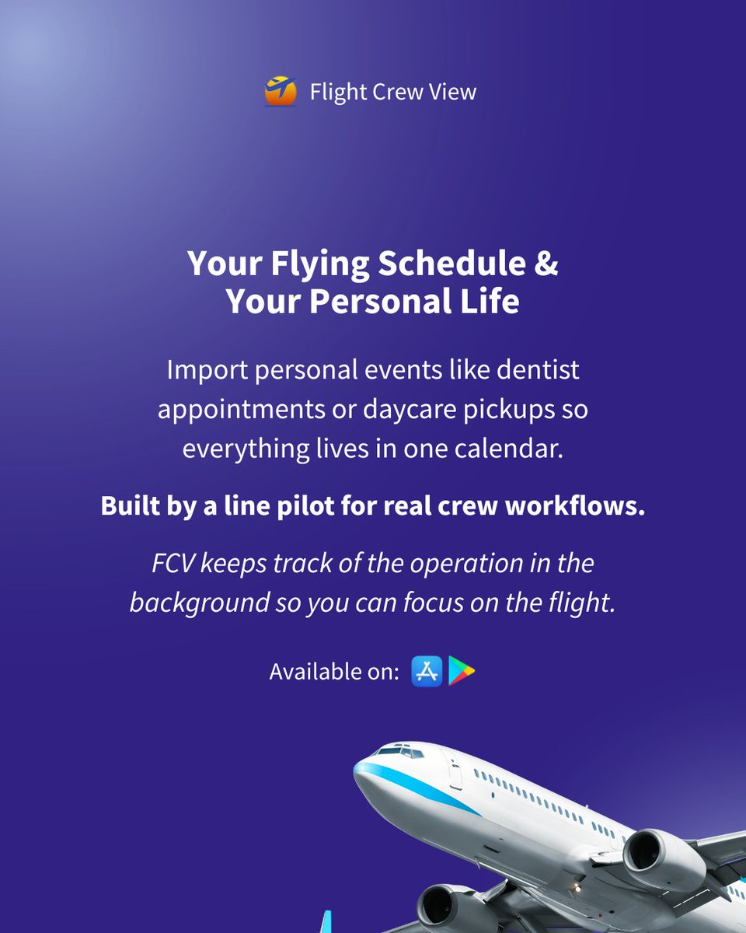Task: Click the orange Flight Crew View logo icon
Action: click(x=281, y=91)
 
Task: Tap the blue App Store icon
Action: click(x=427, y=671)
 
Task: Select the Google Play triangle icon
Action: click(x=462, y=671)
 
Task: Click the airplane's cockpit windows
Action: click(x=399, y=752)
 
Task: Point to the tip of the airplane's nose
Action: click(x=357, y=774)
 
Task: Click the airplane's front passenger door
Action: click(x=455, y=773)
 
